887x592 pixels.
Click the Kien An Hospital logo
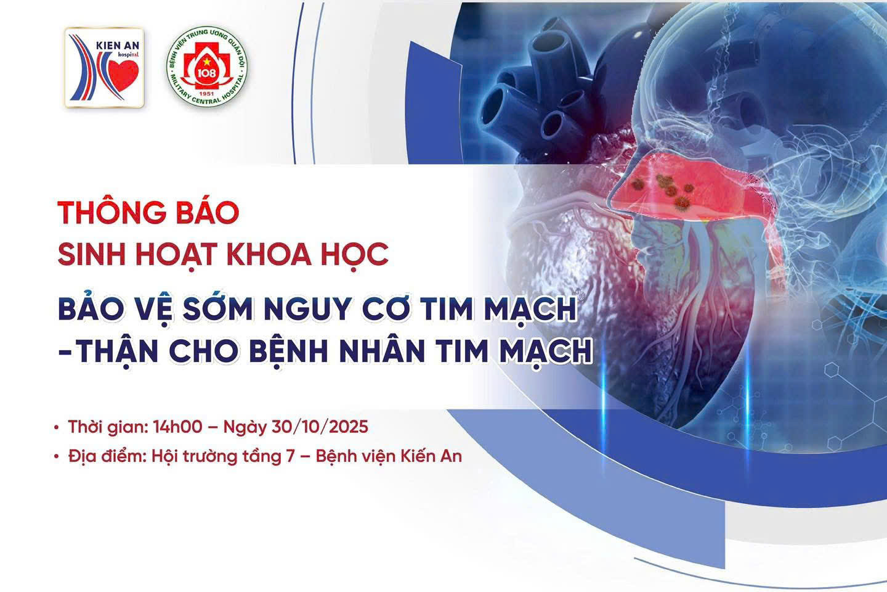point(104,67)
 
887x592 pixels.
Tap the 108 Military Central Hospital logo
point(207,67)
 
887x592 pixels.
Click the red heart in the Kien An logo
point(123,75)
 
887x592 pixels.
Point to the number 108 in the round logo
point(206,73)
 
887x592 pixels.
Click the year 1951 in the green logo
point(206,94)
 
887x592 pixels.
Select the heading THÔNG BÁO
point(148,213)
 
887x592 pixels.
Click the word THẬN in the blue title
point(117,351)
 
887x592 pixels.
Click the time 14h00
point(178,427)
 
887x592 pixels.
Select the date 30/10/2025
point(320,427)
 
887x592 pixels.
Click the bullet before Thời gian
point(57,428)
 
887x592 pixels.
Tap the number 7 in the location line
point(291,457)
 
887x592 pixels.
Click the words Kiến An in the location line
point(432,456)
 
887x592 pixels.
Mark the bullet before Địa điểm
point(57,457)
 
